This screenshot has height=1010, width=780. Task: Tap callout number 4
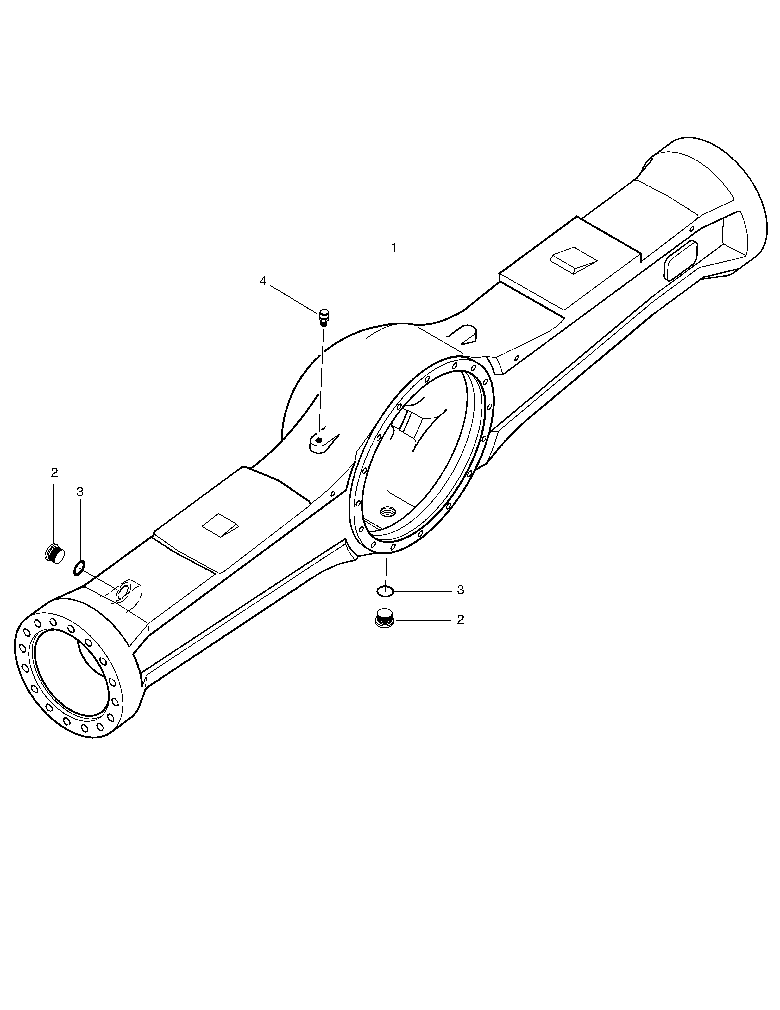[x=263, y=281]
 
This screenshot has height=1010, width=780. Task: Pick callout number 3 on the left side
[x=80, y=492]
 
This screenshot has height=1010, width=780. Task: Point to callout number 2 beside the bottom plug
[x=460, y=619]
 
